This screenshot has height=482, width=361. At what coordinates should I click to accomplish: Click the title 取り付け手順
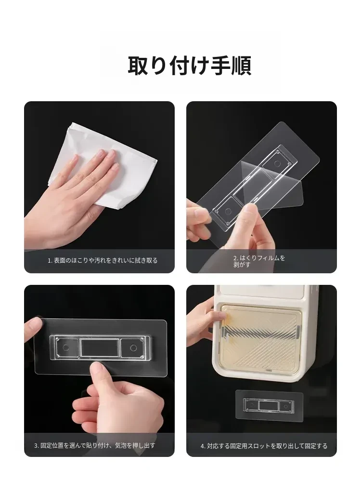(189, 66)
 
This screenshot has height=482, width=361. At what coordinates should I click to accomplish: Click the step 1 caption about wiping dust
(103, 260)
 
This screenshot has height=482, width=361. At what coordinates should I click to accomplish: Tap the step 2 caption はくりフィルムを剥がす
(259, 261)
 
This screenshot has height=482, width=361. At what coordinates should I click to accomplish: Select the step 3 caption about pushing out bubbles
(94, 445)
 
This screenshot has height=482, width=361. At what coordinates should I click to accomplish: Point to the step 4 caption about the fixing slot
(264, 446)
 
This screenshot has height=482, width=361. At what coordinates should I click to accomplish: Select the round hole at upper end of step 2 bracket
(278, 164)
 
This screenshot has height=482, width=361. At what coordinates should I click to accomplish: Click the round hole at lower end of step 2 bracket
(228, 212)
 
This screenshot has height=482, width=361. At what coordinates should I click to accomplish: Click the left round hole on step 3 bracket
(66, 348)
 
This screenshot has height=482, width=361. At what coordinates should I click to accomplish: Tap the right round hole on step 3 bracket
(133, 348)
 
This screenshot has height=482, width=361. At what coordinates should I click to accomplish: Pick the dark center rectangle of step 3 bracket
(100, 348)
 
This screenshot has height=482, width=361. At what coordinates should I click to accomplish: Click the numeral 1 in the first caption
(49, 261)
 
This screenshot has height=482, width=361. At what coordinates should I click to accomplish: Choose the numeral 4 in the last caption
(202, 446)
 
